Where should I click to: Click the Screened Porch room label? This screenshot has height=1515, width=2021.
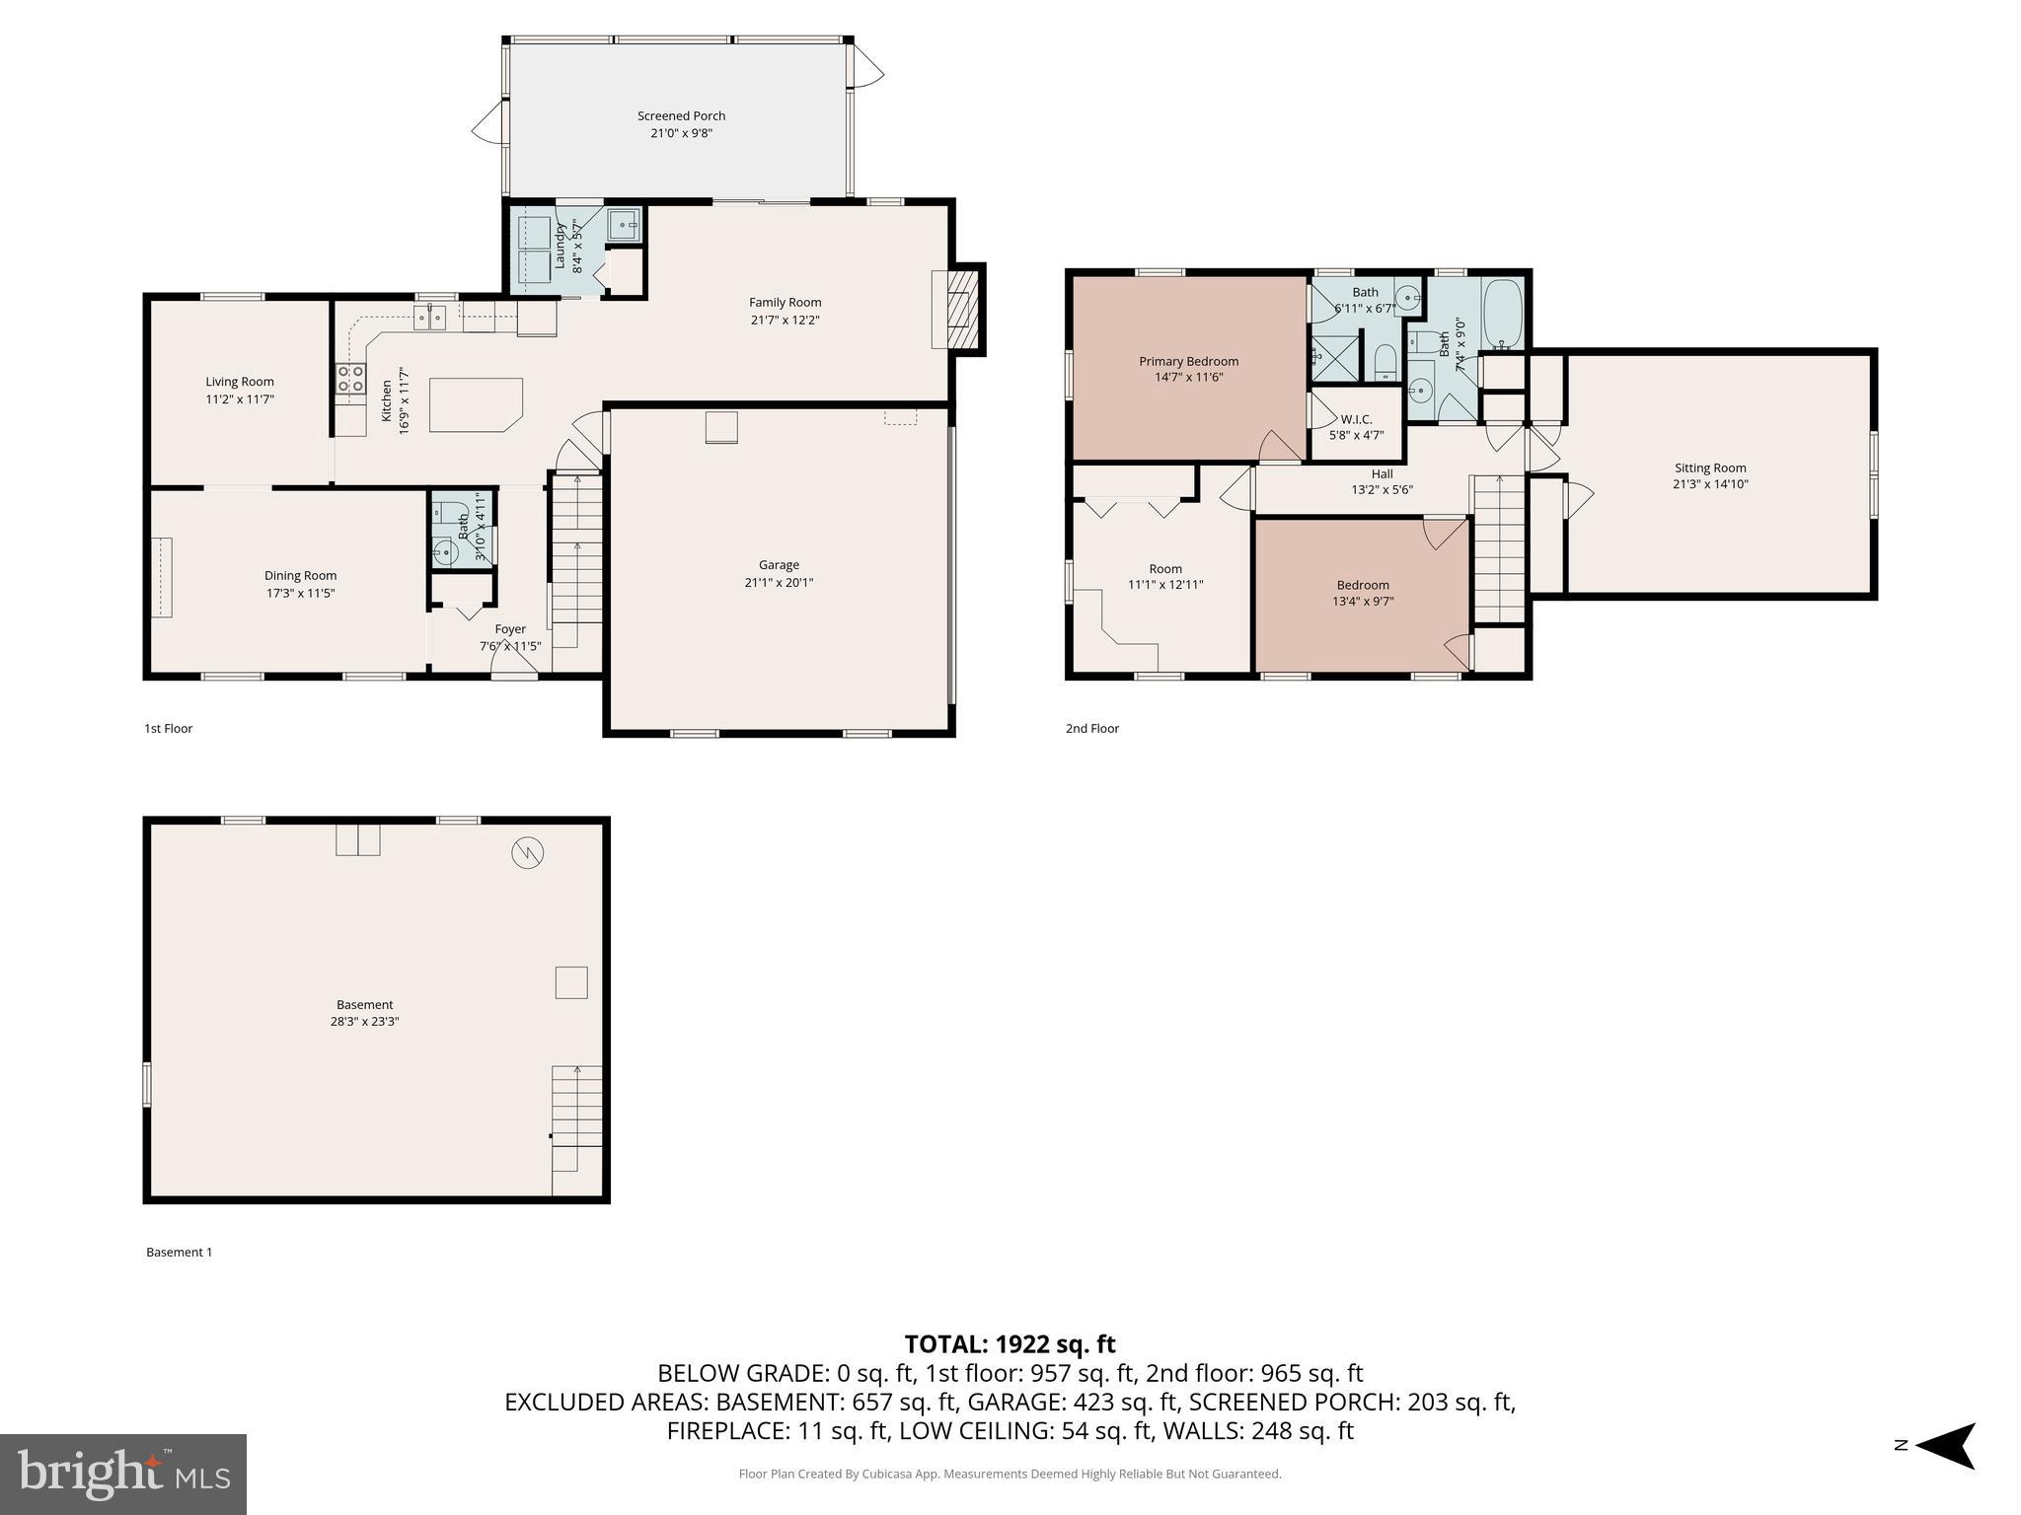click(681, 116)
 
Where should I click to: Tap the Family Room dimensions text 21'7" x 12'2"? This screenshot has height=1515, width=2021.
click(785, 321)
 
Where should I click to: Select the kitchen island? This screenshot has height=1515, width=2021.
click(475, 404)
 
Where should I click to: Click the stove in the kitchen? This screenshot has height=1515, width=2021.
click(350, 379)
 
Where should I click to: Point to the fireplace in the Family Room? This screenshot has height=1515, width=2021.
click(956, 308)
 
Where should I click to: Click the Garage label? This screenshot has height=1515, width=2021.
click(779, 565)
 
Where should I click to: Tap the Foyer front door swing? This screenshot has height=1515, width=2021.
click(514, 667)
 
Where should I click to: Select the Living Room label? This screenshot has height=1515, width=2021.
click(240, 382)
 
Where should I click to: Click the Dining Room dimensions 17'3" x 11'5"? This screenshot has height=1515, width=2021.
click(300, 594)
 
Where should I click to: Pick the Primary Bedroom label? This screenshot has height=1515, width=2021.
click(1188, 361)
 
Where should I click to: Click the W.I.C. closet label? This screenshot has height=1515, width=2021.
click(1356, 419)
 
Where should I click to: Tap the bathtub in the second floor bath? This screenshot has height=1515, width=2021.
click(1503, 314)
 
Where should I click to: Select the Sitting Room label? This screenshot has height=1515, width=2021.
click(1709, 469)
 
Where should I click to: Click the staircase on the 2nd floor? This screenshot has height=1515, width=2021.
click(1499, 548)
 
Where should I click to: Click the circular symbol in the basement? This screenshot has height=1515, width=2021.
click(527, 852)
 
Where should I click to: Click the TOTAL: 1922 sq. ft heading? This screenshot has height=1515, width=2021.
click(1010, 1344)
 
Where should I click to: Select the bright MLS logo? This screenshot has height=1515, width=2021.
click(123, 1474)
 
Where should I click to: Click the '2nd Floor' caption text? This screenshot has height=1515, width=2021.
click(1091, 729)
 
